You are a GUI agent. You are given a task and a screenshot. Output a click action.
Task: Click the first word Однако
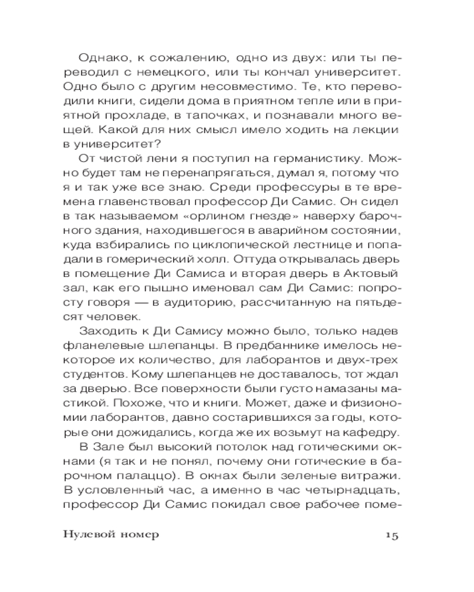(103, 59)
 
